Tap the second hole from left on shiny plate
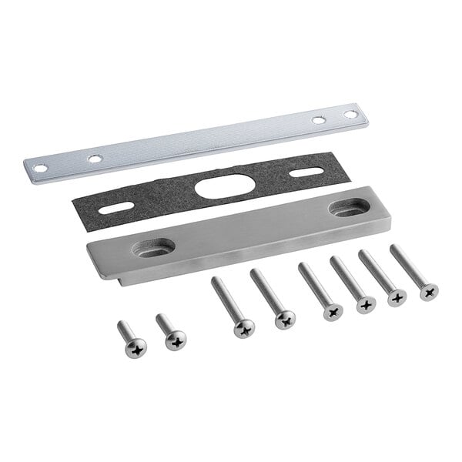tap(94, 159)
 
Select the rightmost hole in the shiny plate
tap(350, 114)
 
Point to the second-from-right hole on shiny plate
tap(318, 120)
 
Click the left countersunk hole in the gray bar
tap(153, 247)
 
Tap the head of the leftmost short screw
tap(136, 349)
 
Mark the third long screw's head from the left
tap(333, 311)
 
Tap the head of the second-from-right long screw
tap(397, 297)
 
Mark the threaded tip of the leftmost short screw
tap(122, 326)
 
